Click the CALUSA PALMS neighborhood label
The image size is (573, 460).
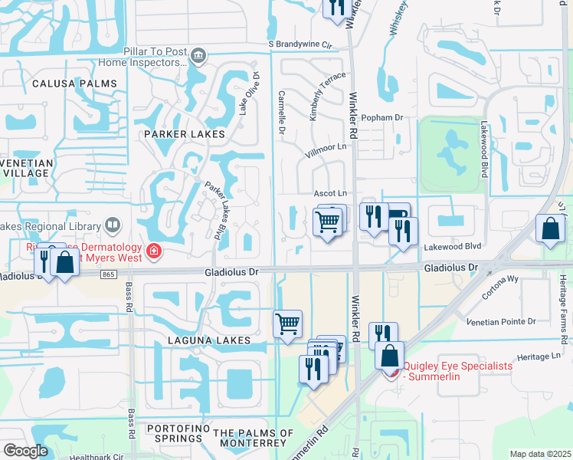coord(74,83)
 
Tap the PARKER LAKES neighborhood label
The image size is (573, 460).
coord(185,133)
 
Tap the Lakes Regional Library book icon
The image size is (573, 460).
coord(112,225)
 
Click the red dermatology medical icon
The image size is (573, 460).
coord(154,251)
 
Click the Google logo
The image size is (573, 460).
coord(25,451)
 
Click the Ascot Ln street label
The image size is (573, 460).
coord(330,193)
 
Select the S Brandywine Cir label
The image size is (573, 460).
coord(303,45)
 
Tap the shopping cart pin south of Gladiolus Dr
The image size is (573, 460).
coord(287,323)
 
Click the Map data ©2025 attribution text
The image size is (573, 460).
coord(539,454)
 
